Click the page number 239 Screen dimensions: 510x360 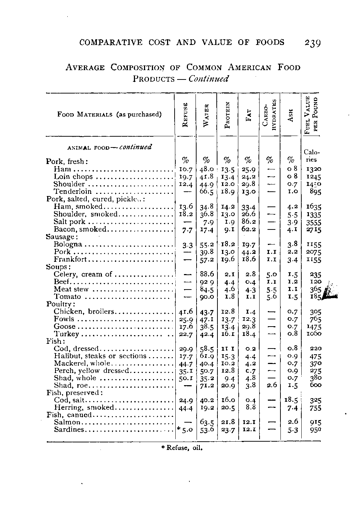pyautogui.click(x=312, y=43)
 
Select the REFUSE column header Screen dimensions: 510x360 pyautogui.click(x=185, y=115)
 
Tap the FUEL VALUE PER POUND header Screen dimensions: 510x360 pyautogui.click(x=311, y=115)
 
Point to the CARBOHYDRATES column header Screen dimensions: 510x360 pyautogui.click(x=270, y=115)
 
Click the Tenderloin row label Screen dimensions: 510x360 pyautogui.click(x=73, y=191)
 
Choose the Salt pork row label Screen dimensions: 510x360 pyautogui.click(x=69, y=222)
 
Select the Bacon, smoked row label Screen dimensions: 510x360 pyautogui.click(x=80, y=229)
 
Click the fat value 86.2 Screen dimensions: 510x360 pyautogui.click(x=248, y=222)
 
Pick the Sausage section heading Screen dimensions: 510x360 pyautogui.click(x=61, y=237)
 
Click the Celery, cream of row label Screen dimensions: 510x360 pyautogui.click(x=83, y=274)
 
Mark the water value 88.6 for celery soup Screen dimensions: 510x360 pyautogui.click(x=207, y=274)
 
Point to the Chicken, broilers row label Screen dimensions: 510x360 pyautogui.click(x=84, y=311)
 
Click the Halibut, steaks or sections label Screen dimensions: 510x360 pyautogui.click(x=100, y=356)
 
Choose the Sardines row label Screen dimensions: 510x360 pyautogui.click(x=69, y=430)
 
